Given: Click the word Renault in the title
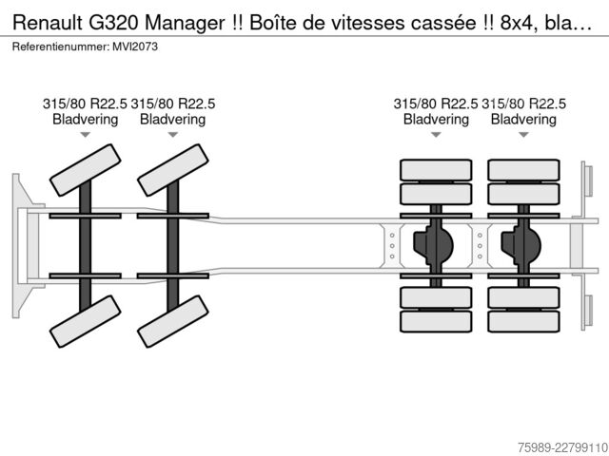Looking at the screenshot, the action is [x=48, y=23].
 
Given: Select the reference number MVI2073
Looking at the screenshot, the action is [x=135, y=47].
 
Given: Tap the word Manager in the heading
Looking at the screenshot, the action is [x=185, y=23].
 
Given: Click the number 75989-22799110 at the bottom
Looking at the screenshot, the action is [x=562, y=447].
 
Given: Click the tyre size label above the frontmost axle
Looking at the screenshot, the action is [x=85, y=104].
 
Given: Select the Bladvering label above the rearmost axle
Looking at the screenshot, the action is [x=523, y=120].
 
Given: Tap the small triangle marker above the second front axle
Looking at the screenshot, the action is [x=173, y=135].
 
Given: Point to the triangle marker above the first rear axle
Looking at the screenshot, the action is [x=436, y=135].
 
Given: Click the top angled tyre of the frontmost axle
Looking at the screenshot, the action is [x=86, y=170].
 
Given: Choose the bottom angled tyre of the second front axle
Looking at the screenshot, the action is [x=173, y=321].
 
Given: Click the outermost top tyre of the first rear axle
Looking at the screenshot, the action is [x=436, y=170].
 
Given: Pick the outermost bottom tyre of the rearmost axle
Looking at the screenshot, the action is [x=523, y=321].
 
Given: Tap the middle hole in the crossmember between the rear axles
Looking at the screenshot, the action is [x=480, y=246].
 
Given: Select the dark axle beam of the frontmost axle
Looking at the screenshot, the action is [x=85, y=246].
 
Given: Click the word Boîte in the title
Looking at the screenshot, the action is [x=273, y=23].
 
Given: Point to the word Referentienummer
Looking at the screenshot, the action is [x=61, y=47].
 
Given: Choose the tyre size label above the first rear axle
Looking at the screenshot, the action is [x=436, y=104].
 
